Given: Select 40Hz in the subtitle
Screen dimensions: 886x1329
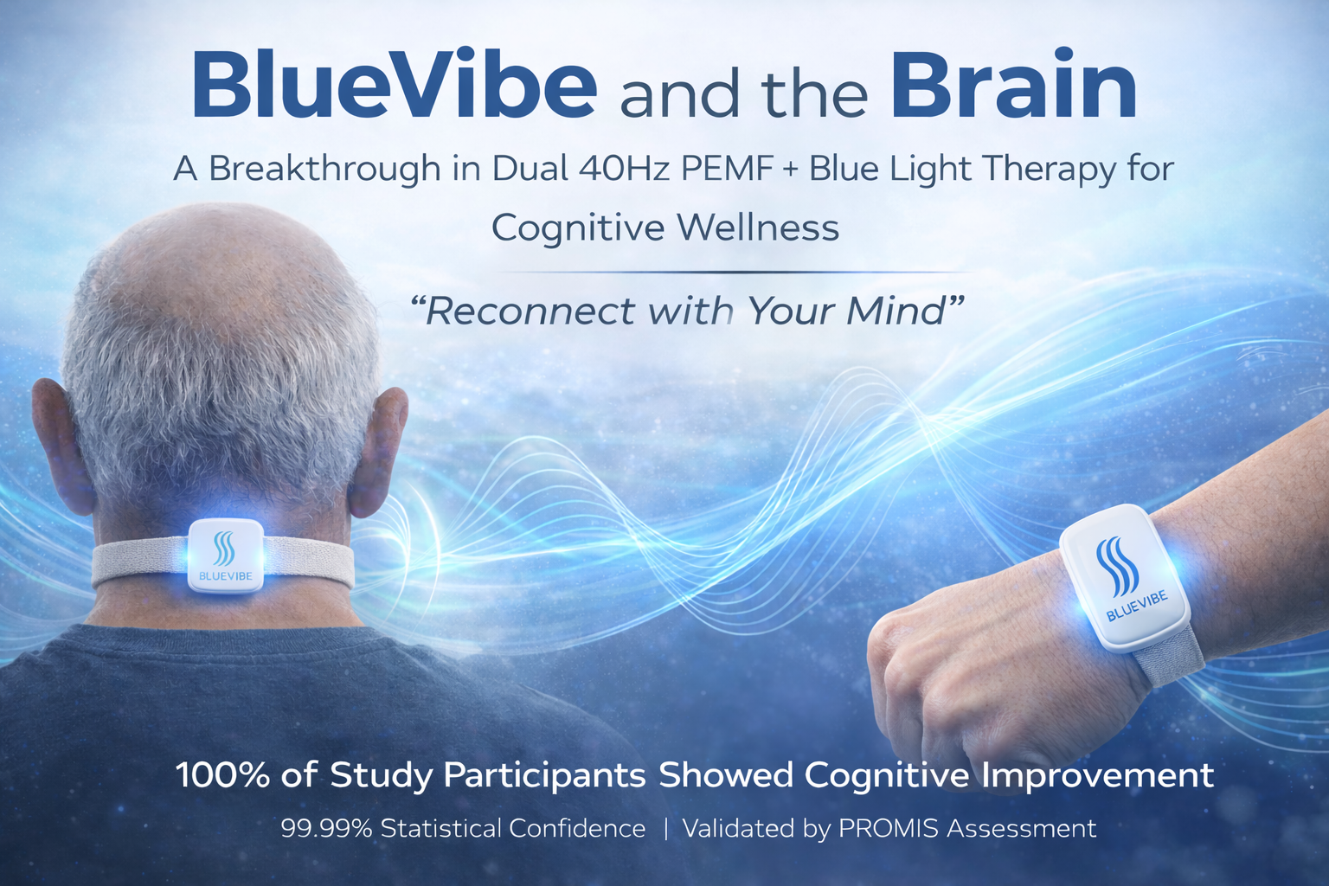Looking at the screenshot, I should click(624, 168).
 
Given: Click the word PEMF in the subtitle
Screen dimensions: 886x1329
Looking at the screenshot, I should click(727, 168).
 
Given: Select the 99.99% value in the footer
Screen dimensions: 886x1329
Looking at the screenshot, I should click(326, 829).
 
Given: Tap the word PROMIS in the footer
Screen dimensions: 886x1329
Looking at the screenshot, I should click(889, 829).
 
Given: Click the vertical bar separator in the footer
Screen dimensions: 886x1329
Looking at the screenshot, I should click(665, 829).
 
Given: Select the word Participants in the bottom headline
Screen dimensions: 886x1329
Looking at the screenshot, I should click(545, 775).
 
